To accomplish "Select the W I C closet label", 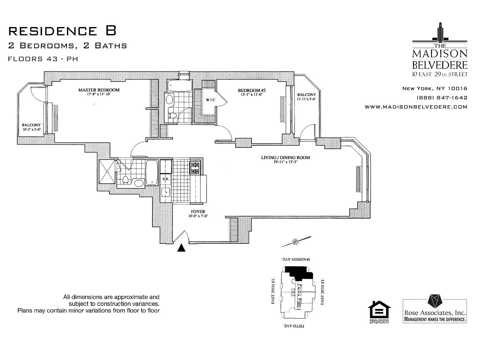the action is click(x=210, y=100).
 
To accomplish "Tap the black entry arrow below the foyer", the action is click(x=181, y=247).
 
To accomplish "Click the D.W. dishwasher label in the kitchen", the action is click(x=166, y=179).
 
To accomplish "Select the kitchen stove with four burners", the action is click(x=195, y=168).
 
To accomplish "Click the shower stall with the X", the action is click(x=107, y=172).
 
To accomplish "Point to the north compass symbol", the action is click(x=295, y=242).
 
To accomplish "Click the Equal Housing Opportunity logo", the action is click(x=379, y=313).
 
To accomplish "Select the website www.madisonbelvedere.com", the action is click(x=416, y=107).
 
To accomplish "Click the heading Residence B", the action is click(x=62, y=31).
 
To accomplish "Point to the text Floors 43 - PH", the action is click(x=43, y=59).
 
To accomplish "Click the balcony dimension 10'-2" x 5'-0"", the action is click(x=31, y=130).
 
